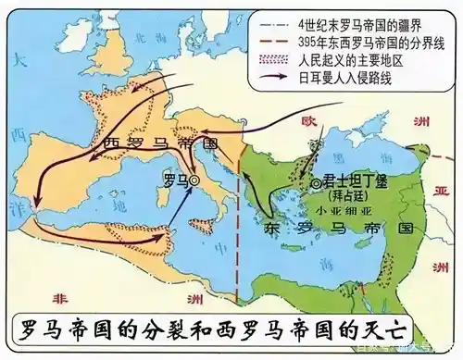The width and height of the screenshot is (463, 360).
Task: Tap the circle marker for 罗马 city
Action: coord(194,183)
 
